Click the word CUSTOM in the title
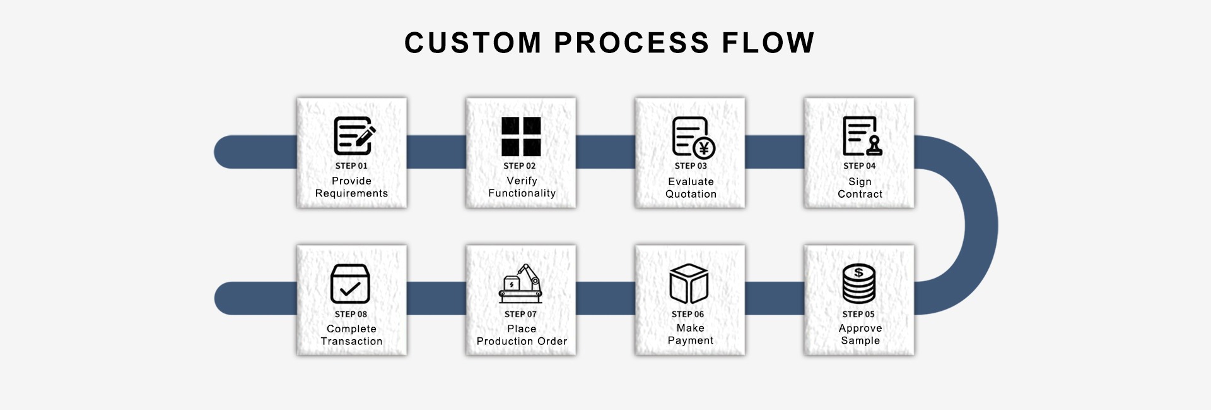point(473,43)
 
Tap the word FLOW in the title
point(768,43)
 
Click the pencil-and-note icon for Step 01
point(354,136)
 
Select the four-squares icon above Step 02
point(521,136)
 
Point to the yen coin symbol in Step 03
point(704,148)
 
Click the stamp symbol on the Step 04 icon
point(874,146)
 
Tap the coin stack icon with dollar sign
point(858,284)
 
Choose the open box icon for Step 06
point(689,284)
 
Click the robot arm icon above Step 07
point(520,284)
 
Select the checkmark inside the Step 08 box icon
point(350,289)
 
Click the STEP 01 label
point(351,166)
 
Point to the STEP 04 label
point(860,166)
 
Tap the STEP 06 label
point(687,314)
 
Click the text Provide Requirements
point(352,187)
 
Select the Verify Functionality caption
point(522,187)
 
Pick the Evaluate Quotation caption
point(691,188)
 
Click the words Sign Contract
point(860,188)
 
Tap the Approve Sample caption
point(860,334)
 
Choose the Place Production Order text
point(522,335)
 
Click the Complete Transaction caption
point(352,335)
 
